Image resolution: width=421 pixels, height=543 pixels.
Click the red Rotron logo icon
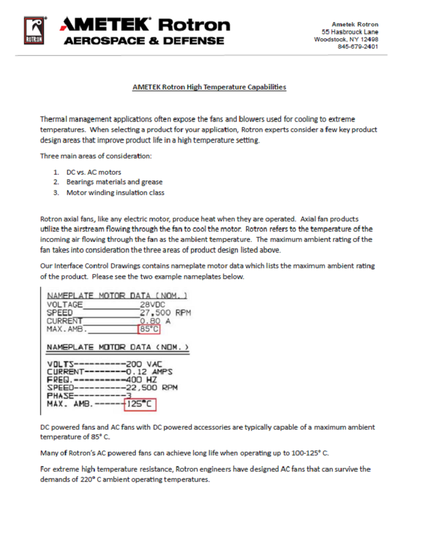(x=34, y=30)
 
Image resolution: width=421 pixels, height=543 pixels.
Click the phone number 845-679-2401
(x=358, y=46)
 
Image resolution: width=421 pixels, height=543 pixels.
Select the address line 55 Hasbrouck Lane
(x=350, y=31)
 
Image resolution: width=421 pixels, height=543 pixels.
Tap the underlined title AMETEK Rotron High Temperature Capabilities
(x=209, y=87)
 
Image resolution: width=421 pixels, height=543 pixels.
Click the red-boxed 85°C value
(x=149, y=329)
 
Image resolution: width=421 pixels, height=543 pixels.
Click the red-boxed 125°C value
(x=140, y=405)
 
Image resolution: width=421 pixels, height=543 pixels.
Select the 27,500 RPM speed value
(x=165, y=313)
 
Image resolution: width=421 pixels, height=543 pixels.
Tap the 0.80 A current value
(x=154, y=321)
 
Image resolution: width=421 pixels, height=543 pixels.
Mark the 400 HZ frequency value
(x=142, y=380)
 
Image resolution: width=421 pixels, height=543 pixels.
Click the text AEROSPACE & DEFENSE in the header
(x=144, y=41)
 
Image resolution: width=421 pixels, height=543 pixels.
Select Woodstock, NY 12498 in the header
(x=347, y=39)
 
